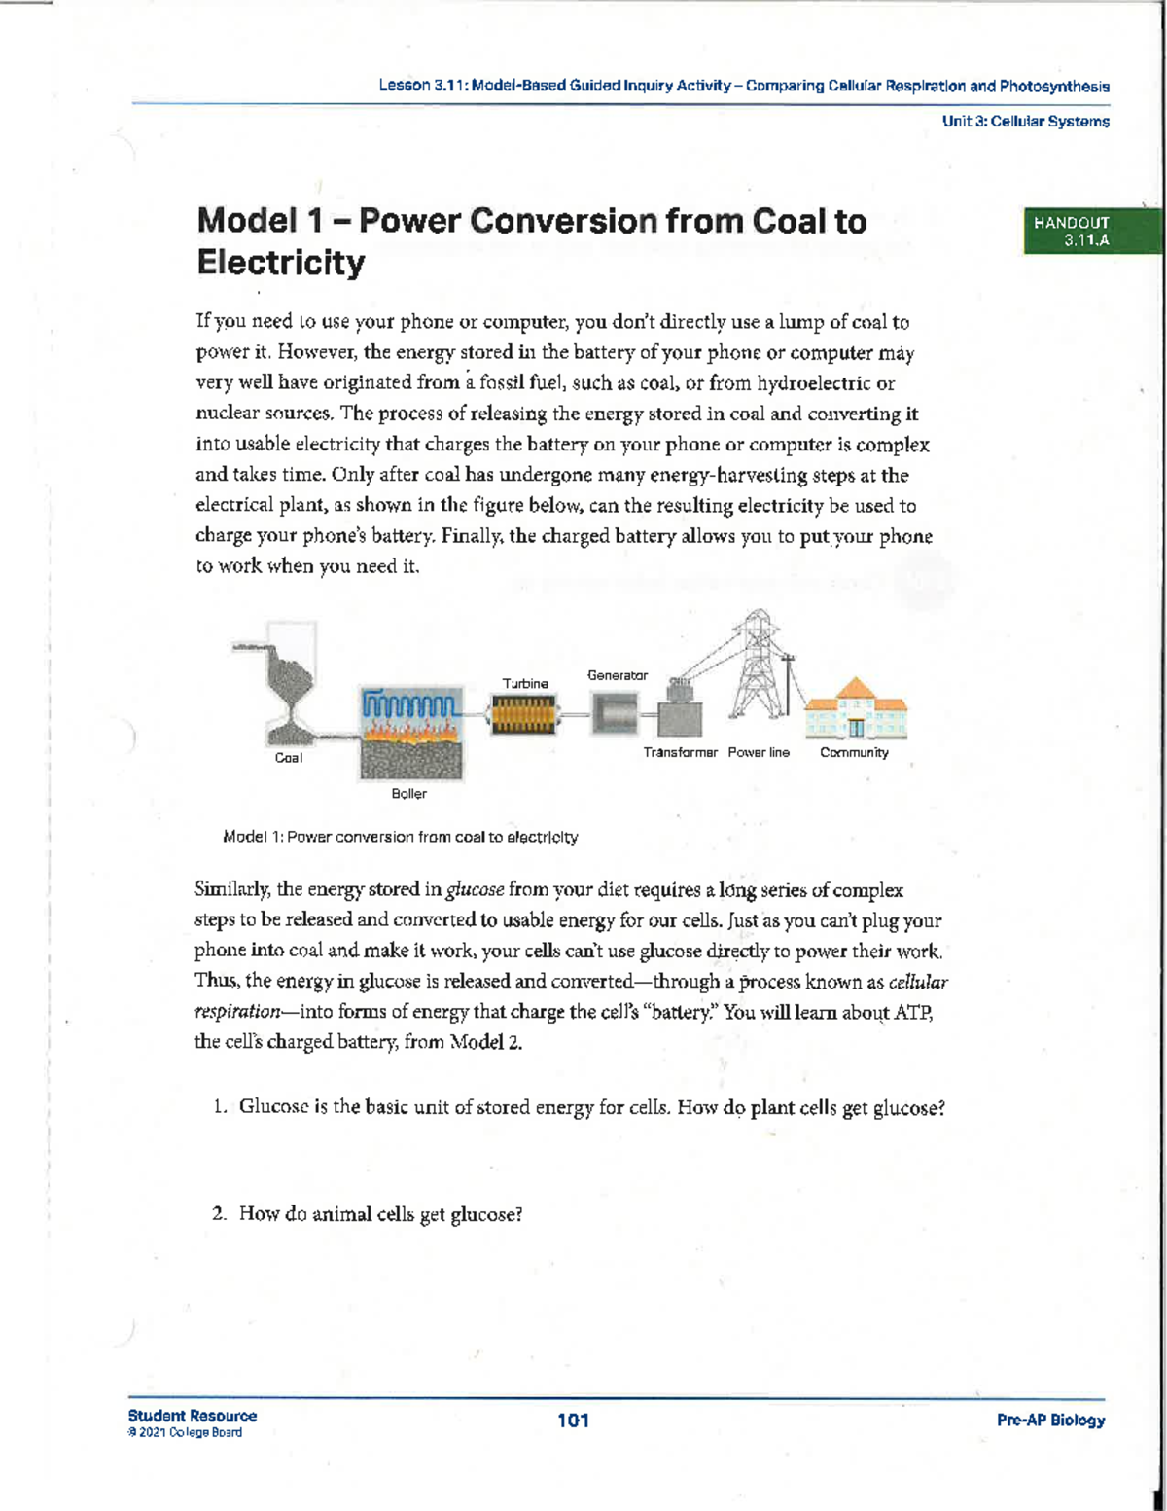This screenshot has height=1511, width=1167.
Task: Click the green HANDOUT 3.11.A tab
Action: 1079,232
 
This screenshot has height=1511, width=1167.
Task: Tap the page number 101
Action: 573,1421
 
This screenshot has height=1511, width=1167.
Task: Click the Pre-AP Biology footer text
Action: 1050,1421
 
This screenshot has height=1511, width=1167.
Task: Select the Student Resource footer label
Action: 193,1416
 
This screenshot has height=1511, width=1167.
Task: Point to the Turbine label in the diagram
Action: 525,684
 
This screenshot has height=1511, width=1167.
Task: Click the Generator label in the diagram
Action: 618,675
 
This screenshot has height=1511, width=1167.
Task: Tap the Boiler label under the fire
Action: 408,794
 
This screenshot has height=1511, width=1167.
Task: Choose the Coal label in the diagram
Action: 289,758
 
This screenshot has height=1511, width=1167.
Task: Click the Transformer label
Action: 680,752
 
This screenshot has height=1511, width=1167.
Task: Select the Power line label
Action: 759,752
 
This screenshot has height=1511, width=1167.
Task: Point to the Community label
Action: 854,752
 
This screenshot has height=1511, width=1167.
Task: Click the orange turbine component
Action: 524,718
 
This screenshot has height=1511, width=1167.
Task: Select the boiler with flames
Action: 411,735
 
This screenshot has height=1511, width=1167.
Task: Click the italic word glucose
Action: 475,889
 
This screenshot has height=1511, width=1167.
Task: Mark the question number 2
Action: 220,1214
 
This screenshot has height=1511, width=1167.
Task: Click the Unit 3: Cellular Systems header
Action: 1025,122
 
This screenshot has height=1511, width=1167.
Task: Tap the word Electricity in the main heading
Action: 281,263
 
